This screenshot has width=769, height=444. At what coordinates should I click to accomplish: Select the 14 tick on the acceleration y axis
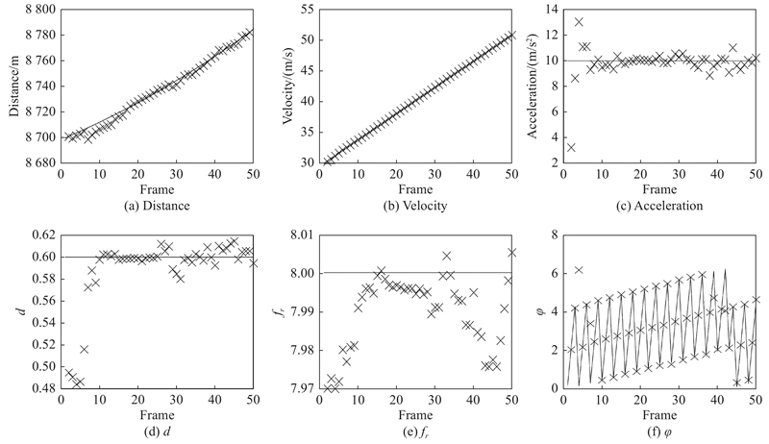550,9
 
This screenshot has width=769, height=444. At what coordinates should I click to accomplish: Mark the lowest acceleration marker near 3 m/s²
571,147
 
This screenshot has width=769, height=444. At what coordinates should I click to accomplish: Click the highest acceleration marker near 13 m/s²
579,22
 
